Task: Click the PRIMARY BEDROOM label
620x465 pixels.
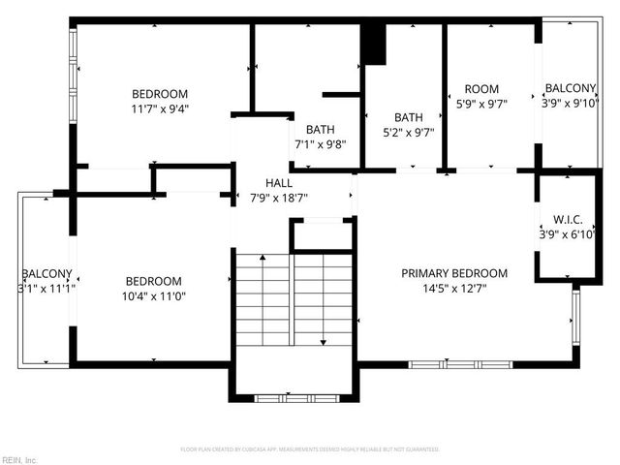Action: click(454, 273)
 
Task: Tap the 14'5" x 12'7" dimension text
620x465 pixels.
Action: click(454, 288)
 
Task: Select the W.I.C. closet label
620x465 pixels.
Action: click(569, 218)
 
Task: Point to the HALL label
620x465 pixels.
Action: click(279, 182)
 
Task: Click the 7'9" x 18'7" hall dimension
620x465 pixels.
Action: click(279, 197)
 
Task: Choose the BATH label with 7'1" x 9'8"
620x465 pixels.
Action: click(320, 130)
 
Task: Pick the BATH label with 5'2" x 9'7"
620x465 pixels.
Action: click(409, 117)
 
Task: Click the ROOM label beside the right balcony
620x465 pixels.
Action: click(481, 89)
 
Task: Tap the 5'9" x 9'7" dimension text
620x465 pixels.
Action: click(481, 103)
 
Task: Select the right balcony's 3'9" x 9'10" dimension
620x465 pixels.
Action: click(571, 103)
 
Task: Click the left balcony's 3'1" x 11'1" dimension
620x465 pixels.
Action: click(46, 288)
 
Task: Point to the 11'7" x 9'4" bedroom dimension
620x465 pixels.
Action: click(160, 108)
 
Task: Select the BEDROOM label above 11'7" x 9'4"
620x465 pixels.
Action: click(160, 94)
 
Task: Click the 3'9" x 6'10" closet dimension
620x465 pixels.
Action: click(569, 233)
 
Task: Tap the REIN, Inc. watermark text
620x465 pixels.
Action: click(19, 459)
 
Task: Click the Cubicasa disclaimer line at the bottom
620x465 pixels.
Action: click(310, 449)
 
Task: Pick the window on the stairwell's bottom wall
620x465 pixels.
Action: click(294, 396)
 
